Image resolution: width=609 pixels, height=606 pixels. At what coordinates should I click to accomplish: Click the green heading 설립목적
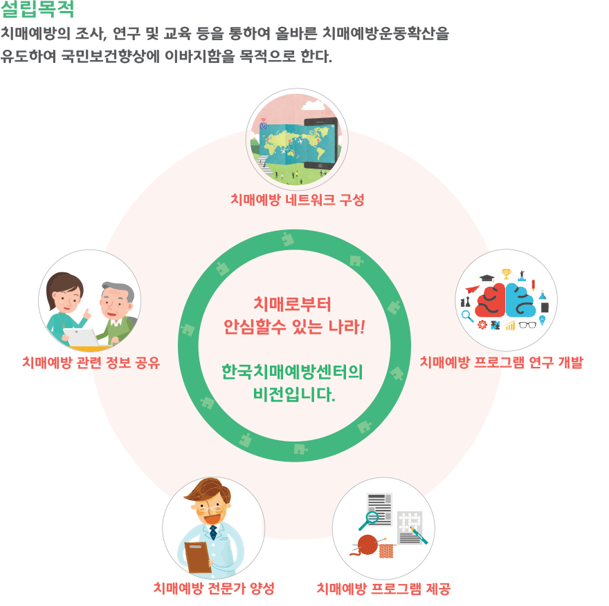pos(37,9)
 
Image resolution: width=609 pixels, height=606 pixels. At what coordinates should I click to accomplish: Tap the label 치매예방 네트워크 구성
pos(297,200)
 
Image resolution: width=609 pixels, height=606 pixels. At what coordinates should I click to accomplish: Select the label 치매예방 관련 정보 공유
pos(91,363)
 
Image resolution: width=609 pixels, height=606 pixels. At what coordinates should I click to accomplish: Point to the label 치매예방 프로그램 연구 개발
pos(502,362)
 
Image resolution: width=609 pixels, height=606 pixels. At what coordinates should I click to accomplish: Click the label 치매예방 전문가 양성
pos(214,588)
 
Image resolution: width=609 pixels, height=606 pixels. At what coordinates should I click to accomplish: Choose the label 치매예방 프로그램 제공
pos(383,589)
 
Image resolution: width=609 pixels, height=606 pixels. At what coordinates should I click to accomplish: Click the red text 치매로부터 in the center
pos(292,304)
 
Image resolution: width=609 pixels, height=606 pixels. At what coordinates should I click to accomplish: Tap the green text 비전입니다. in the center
pos(294,395)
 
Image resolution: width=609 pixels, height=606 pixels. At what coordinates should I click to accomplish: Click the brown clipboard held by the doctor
pos(198,557)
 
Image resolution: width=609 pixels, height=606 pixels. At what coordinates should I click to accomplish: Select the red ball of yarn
pos(367,545)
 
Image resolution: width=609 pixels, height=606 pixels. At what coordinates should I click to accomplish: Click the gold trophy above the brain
pos(506,274)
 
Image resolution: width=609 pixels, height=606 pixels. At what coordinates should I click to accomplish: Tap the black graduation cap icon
pos(487,278)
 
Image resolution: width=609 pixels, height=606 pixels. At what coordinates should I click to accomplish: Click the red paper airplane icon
pos(472,290)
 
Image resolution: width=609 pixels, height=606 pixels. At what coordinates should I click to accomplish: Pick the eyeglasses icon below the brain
pos(527,325)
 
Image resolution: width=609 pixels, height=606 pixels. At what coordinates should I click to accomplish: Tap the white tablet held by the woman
pos(82,337)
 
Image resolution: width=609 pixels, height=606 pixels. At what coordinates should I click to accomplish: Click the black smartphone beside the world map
pos(321,144)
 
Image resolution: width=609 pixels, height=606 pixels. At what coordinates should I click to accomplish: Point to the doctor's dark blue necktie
pos(213,532)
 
